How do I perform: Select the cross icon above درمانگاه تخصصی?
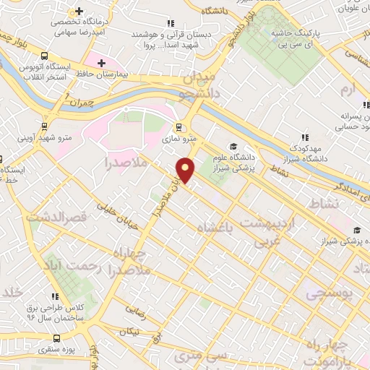78,12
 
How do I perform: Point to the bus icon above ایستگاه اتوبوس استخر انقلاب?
45,56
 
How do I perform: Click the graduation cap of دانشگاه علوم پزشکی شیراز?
233,146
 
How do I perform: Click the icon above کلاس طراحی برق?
55,296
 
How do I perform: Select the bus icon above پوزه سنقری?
57,338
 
